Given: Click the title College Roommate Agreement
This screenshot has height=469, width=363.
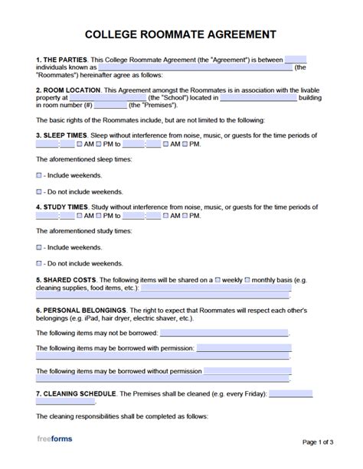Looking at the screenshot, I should [181, 35].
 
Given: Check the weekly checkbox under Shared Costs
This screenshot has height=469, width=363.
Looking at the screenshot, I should [219, 278].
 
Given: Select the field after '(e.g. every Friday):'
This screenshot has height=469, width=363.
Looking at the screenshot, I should [291, 393].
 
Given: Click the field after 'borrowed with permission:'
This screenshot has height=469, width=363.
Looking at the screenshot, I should [244, 348].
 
